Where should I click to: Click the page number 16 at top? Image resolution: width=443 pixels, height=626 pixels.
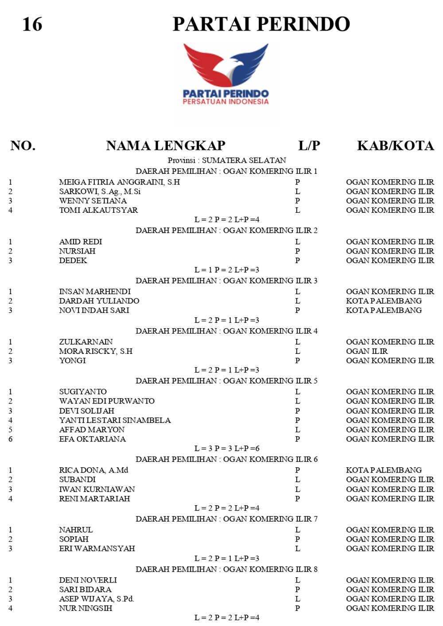click(x=32, y=24)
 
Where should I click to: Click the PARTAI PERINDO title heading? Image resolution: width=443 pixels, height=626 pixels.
click(x=261, y=24)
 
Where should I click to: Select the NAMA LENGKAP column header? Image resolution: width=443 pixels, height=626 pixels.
click(x=166, y=146)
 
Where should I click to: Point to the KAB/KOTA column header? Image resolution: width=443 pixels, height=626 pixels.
click(x=395, y=146)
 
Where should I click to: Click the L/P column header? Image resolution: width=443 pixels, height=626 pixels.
click(x=309, y=146)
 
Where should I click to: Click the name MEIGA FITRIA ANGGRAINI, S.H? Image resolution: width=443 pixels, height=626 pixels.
click(x=120, y=182)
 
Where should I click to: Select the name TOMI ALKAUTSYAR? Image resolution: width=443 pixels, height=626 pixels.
click(x=98, y=210)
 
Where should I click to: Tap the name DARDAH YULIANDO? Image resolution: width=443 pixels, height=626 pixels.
click(x=99, y=301)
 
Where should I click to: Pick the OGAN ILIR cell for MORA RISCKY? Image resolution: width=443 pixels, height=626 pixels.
click(x=367, y=351)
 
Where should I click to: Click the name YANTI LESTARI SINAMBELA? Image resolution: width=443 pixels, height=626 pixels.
click(x=115, y=420)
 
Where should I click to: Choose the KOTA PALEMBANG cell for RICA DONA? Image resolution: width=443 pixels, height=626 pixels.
click(x=384, y=470)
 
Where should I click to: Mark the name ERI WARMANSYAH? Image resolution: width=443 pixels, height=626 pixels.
click(x=97, y=549)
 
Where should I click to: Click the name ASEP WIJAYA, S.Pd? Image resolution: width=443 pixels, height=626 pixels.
click(x=97, y=599)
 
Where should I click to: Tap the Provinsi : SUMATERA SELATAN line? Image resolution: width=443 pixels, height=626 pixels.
click(x=226, y=160)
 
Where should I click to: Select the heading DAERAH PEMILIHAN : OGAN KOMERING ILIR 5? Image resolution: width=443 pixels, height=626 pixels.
click(x=226, y=381)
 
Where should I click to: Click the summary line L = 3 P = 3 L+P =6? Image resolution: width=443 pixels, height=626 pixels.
click(x=226, y=449)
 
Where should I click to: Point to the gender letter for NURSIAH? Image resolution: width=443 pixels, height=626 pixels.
click(x=298, y=251)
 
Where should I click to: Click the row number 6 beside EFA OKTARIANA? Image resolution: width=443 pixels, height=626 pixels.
click(x=10, y=439)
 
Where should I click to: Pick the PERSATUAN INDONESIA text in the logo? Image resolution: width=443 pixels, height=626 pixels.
click(x=225, y=102)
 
